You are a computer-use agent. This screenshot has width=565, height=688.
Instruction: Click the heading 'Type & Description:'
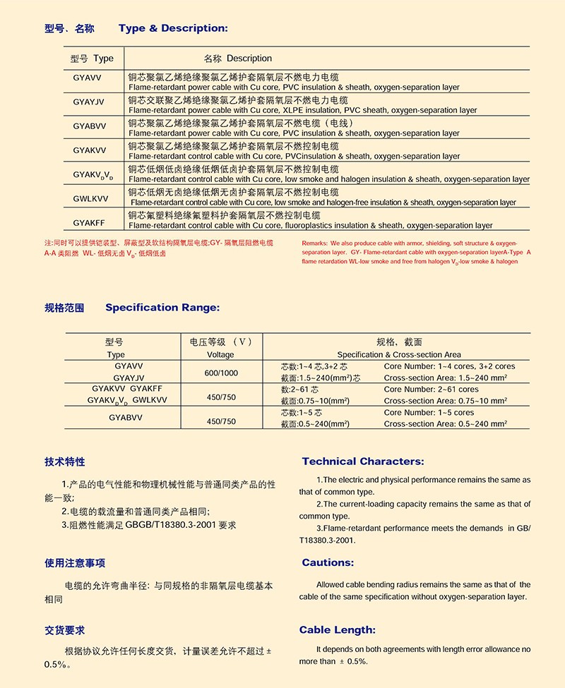coord(173,29)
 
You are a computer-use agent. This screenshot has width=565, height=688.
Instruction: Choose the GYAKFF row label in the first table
coord(89,222)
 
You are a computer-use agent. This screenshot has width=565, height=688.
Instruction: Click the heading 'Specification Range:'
coord(162,308)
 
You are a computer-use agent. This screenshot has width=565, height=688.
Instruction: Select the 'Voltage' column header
coord(220,355)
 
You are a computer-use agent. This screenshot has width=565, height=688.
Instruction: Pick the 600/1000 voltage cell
coord(221,373)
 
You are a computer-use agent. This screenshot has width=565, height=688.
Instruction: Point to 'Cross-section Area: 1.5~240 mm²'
coord(446,378)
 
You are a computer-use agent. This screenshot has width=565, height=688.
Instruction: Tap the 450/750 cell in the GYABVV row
coord(221,421)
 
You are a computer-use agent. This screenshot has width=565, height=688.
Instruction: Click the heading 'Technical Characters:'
coord(363,461)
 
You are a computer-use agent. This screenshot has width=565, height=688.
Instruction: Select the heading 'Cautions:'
coord(328,562)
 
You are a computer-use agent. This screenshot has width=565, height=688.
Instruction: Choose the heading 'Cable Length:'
coord(338,630)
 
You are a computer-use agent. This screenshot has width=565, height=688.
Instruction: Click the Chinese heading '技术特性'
coord(64,461)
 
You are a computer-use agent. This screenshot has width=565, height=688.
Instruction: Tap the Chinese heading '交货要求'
coord(64,630)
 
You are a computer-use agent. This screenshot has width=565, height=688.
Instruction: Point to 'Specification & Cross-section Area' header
coord(399,355)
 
